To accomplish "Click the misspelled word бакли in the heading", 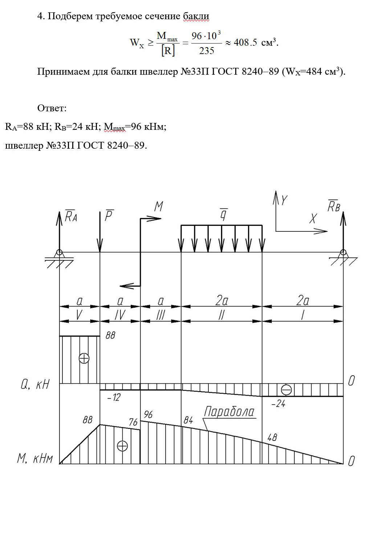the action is point(196,16).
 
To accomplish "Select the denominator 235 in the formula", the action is point(207,51).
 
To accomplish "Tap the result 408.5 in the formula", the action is point(245,42).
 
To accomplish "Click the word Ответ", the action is point(52,108).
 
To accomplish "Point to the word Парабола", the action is point(229,412).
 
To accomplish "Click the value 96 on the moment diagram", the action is point(148,414).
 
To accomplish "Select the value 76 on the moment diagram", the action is point(133,422).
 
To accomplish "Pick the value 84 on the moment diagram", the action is point(188,420).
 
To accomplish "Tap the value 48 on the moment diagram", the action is point(272,437).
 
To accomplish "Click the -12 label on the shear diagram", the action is point(114,397).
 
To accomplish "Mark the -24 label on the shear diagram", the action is point(278,404).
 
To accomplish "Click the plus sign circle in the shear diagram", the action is point(84,358).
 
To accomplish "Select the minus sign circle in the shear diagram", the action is point(286,389).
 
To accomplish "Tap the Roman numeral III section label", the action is point(160,315).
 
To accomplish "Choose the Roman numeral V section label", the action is point(79,315).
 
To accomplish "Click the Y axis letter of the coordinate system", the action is point(284,200).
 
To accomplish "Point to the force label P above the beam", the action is point(109,215).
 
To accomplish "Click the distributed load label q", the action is point(224,214).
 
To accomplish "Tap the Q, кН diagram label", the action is point(35,385).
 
